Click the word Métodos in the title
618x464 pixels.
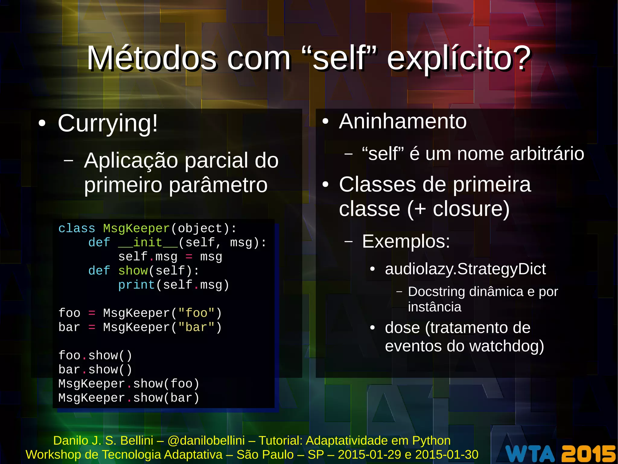[x=152, y=58]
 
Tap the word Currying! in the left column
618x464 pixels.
[x=108, y=123]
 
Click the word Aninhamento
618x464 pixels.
[x=403, y=122]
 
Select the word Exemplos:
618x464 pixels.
[x=406, y=242]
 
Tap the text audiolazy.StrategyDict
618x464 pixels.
[x=465, y=269]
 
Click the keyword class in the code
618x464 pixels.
[x=77, y=229]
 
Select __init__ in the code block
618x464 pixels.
[x=148, y=242]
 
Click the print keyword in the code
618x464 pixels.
[x=137, y=285]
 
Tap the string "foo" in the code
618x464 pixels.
[x=196, y=313]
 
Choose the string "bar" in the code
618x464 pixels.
[x=196, y=327]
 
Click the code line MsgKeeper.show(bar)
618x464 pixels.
[x=129, y=398]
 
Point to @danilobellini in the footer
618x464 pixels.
[x=206, y=441]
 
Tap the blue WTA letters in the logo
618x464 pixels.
[x=530, y=453]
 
